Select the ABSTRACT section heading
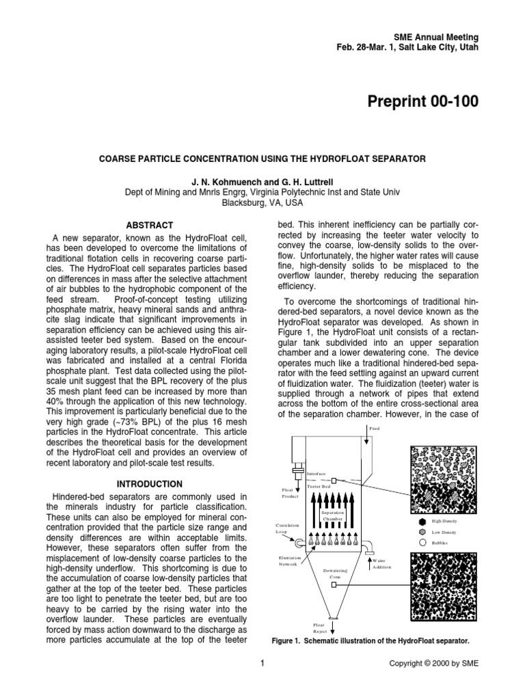(149, 225)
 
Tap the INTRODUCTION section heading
(149, 483)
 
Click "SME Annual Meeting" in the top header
(436, 36)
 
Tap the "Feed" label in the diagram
(373, 429)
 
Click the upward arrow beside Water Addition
(370, 562)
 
